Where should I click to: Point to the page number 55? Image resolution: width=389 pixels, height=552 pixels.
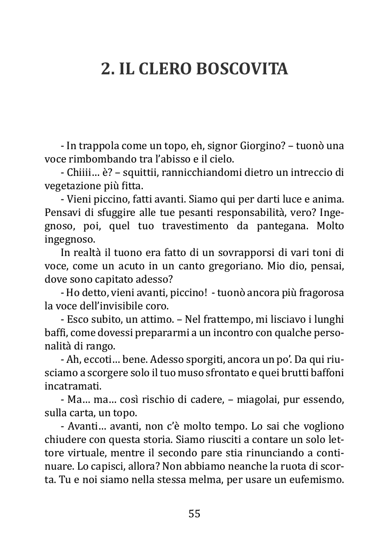click(x=194, y=513)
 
